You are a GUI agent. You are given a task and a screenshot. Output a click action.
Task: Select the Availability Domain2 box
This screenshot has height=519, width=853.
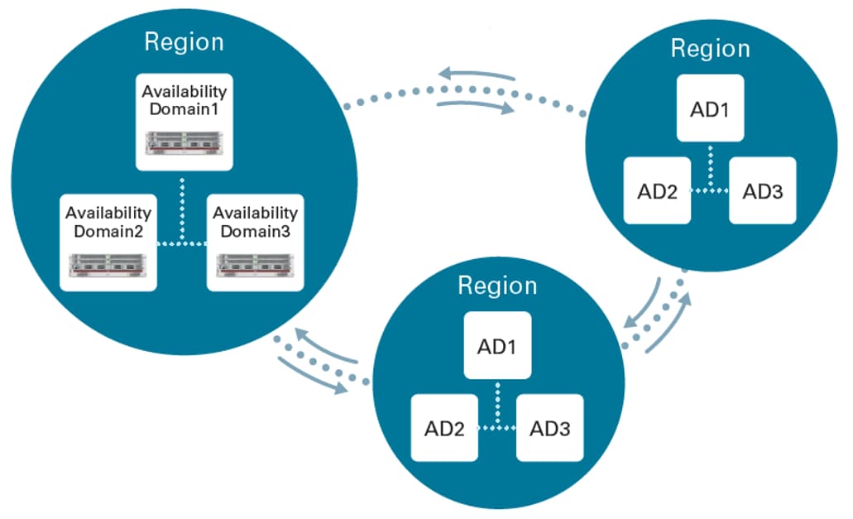tap(108, 242)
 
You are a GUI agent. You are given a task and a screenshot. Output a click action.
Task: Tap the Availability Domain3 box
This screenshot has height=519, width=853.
tap(255, 242)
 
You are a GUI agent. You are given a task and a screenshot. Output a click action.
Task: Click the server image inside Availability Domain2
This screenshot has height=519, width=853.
tap(108, 266)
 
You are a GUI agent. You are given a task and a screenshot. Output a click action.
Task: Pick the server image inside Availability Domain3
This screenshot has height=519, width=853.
tap(255, 266)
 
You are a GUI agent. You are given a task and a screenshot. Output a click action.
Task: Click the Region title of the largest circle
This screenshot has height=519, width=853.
tap(184, 41)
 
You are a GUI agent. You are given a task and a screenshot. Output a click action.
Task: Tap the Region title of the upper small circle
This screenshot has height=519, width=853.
tap(710, 48)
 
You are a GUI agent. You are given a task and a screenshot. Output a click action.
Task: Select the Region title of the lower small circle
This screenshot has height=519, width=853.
tap(497, 286)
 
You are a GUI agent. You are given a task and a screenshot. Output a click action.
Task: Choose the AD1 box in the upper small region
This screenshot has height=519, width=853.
tap(710, 109)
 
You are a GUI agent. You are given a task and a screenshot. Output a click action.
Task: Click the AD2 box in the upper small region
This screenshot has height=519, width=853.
tap(658, 190)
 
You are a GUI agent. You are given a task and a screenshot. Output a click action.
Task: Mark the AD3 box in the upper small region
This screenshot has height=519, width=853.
tap(763, 190)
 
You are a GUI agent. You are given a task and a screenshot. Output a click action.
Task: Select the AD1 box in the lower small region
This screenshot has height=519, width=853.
tap(497, 345)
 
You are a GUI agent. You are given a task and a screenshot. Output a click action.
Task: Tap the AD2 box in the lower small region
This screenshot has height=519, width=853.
tap(445, 428)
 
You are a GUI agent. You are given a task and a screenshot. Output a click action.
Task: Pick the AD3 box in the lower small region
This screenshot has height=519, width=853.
tap(550, 428)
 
